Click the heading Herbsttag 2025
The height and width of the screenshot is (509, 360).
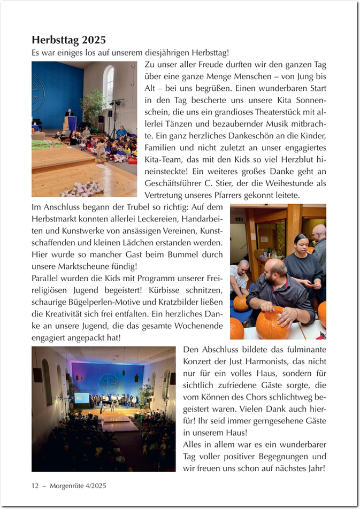(x=68, y=40)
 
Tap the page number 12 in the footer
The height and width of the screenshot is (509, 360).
(x=35, y=485)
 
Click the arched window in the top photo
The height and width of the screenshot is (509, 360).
(x=109, y=86)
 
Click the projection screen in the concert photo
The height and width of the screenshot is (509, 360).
(x=82, y=397)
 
